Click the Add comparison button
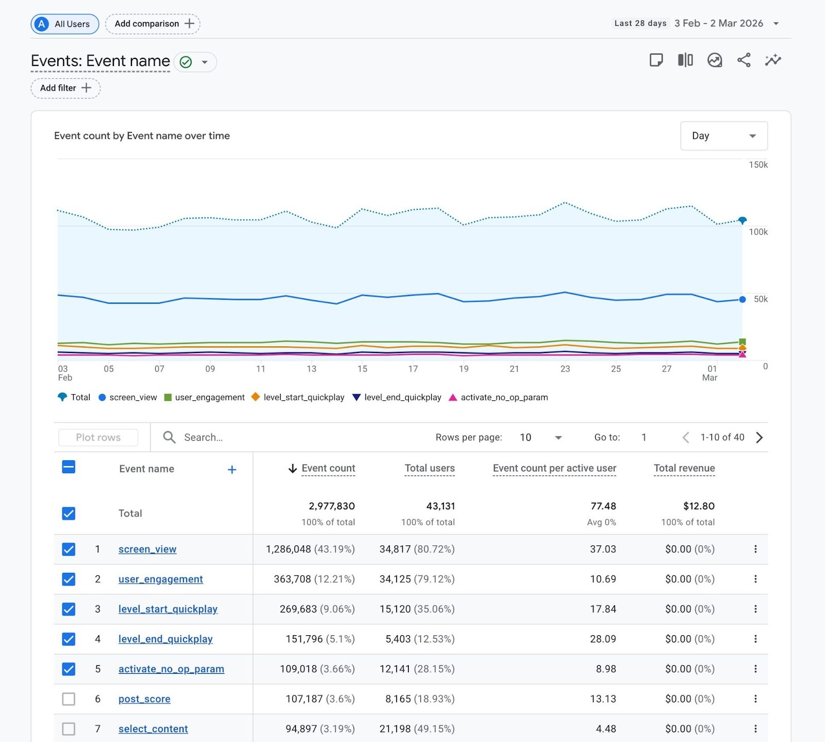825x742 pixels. [x=153, y=24]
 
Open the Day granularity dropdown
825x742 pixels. [x=723, y=136]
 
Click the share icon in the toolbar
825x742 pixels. [x=744, y=60]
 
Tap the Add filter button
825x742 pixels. [x=65, y=88]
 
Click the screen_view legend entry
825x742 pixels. [x=127, y=397]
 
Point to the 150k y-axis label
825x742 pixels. [x=757, y=165]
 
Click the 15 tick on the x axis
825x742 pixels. [x=362, y=369]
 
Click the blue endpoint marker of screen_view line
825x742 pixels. [x=742, y=299]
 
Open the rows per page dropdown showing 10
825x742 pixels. [x=540, y=438]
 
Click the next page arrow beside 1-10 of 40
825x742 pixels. [x=759, y=438]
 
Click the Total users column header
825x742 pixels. [x=429, y=468]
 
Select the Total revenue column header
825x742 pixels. [x=684, y=468]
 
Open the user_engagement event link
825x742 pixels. [x=160, y=579]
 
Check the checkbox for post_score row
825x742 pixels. [x=69, y=699]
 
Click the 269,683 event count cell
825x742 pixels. [x=298, y=609]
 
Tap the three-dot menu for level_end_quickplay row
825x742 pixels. [x=755, y=639]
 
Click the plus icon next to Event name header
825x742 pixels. [x=232, y=470]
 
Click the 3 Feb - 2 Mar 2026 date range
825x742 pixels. [x=718, y=23]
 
